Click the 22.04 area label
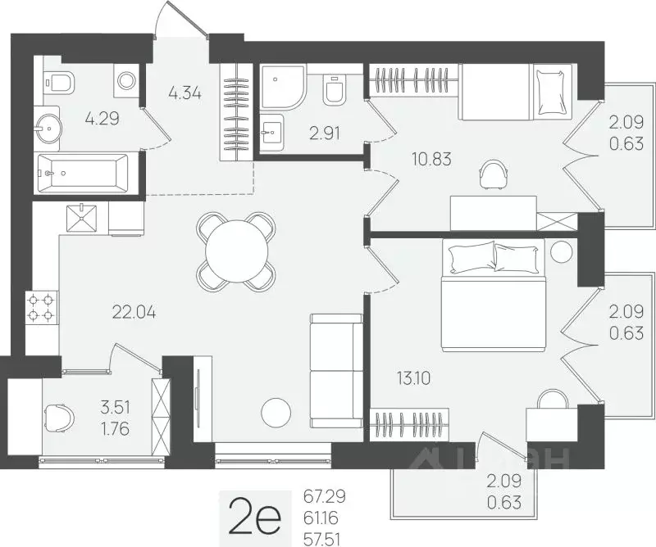click(134, 312)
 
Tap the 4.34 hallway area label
click(184, 93)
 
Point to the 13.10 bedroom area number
click(413, 378)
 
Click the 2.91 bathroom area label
click(324, 133)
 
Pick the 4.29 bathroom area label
click(102, 119)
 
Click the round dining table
click(236, 251)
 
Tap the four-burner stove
click(42, 307)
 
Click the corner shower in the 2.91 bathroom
click(281, 86)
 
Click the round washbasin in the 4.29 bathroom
click(48, 128)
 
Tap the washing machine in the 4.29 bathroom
click(126, 79)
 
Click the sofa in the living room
click(336, 370)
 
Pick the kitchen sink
click(82, 218)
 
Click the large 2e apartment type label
click(254, 518)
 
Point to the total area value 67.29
click(325, 497)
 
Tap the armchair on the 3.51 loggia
click(59, 418)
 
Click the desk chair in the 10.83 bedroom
click(494, 174)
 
